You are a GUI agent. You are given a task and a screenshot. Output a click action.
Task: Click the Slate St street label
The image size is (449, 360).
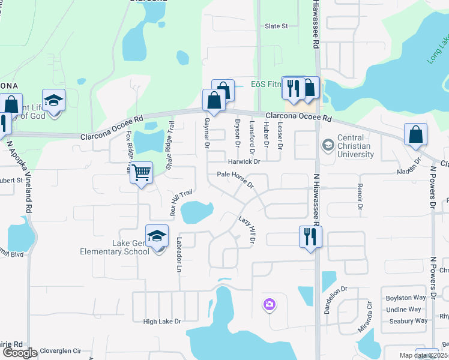277,26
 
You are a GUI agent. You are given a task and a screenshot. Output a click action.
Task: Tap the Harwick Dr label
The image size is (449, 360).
244,162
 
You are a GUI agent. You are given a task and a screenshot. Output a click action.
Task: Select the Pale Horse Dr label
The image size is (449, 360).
235,178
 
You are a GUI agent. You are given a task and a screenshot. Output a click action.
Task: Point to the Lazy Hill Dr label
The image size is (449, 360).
247,230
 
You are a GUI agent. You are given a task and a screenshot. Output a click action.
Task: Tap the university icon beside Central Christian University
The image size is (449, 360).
328,145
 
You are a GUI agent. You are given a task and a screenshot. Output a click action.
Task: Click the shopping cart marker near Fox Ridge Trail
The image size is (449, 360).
141,173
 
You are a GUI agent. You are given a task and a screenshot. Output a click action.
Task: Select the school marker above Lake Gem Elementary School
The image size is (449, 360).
157,236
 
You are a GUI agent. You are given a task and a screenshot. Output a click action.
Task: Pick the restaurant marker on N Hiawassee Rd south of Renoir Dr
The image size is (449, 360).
310,236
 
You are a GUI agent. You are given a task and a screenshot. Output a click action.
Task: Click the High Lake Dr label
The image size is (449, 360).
162,322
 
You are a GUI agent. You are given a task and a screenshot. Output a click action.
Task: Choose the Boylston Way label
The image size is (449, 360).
406,298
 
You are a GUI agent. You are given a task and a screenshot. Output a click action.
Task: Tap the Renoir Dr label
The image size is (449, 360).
360,196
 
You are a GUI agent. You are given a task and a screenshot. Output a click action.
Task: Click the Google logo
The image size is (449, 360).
19,353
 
